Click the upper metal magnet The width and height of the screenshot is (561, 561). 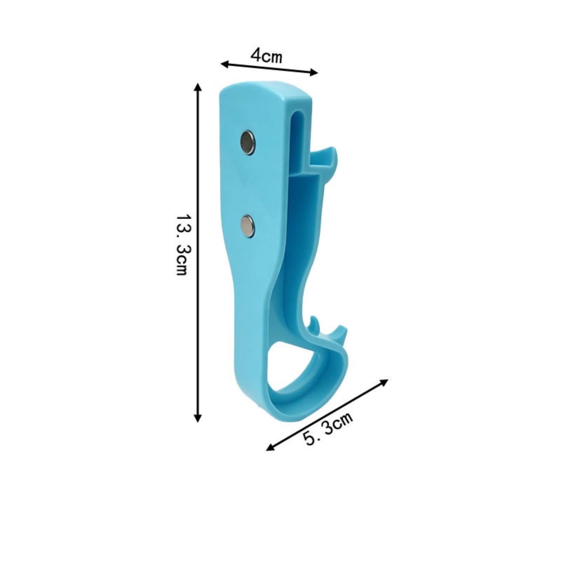pyautogui.click(x=248, y=142)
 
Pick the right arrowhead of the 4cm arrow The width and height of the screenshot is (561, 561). pyautogui.click(x=314, y=72)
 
